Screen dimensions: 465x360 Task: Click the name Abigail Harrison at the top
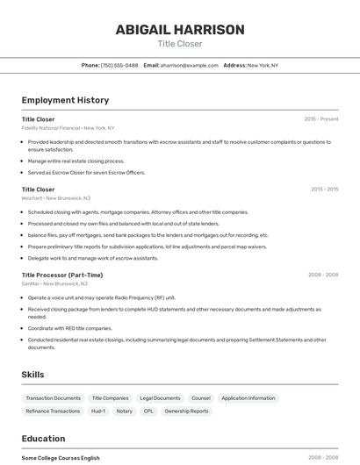pos(180,30)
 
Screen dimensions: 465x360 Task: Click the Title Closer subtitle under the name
pos(180,44)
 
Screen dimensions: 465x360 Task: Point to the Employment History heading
pos(65,100)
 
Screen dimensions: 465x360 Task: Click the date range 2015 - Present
pos(320,118)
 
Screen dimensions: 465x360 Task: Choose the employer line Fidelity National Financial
pos(68,128)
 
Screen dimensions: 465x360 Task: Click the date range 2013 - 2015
pos(324,189)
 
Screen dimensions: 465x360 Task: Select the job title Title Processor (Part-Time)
pos(61,275)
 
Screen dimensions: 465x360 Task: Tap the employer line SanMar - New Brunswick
pos(54,283)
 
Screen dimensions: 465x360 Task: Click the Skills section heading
pos(33,375)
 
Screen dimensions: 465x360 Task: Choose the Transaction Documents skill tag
pos(53,397)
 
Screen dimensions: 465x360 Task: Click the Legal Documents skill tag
pos(160,397)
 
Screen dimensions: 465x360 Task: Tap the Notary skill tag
pos(124,411)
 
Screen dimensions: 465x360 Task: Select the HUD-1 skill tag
pos(97,411)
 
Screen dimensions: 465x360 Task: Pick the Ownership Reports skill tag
pos(186,411)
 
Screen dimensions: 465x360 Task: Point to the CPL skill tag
pos(148,411)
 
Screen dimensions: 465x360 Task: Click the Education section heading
pos(43,439)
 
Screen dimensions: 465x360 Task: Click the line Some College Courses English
pos(61,458)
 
